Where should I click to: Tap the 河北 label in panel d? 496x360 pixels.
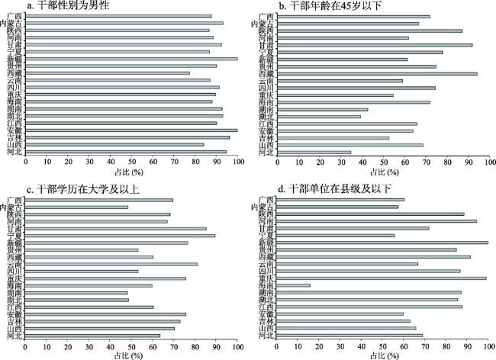266,335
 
